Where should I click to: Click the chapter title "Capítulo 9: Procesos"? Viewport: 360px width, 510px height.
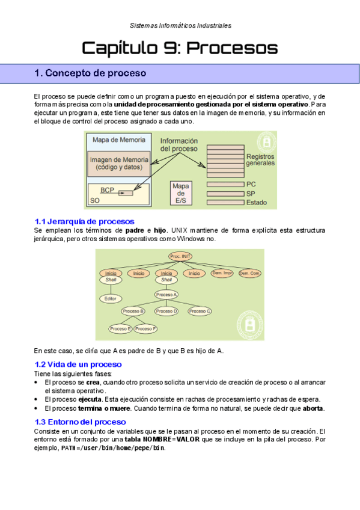click(180, 48)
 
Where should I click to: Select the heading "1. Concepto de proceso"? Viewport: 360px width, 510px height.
click(90, 73)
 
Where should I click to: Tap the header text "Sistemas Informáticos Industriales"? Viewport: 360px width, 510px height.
click(180, 25)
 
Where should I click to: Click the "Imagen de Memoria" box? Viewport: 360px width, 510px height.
click(119, 164)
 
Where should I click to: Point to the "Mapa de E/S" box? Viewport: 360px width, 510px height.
click(181, 193)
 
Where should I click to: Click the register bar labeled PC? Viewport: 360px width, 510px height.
click(225, 185)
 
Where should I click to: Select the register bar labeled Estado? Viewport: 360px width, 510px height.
click(225, 202)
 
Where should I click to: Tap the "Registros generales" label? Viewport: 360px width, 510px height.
click(260, 160)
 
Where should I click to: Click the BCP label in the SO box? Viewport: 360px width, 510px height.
click(107, 190)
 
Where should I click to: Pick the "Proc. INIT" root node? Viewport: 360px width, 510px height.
click(180, 256)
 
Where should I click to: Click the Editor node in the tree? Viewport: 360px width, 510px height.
click(111, 298)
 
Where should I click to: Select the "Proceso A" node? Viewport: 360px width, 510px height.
click(166, 295)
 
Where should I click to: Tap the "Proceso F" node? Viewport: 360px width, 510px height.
click(145, 329)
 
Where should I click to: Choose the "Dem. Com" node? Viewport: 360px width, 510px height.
click(249, 273)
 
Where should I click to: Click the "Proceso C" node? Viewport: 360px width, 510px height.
click(200, 312)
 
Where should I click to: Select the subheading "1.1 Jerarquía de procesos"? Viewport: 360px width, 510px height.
click(85, 221)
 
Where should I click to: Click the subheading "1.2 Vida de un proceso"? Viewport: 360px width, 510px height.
click(78, 364)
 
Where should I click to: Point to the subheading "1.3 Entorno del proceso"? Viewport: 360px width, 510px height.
click(81, 422)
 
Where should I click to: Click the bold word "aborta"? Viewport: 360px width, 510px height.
click(313, 408)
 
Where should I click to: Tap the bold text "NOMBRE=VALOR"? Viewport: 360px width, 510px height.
click(171, 440)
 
